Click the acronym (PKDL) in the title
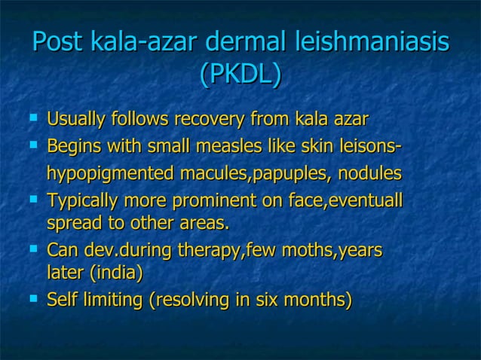[240, 74]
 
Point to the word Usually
[76, 120]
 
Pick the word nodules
[370, 174]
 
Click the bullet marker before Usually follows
[32, 118]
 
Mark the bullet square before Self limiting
[32, 299]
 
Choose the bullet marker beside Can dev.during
[32, 248]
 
